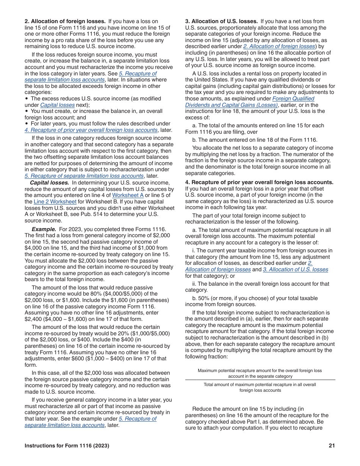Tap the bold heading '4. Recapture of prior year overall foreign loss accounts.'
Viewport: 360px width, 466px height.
(259, 182)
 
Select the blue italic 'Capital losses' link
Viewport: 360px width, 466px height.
(57, 105)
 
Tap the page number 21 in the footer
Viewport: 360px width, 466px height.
(332, 446)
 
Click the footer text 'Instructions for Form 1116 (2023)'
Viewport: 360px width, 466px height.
(67, 446)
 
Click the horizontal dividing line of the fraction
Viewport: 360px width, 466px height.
(260, 380)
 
